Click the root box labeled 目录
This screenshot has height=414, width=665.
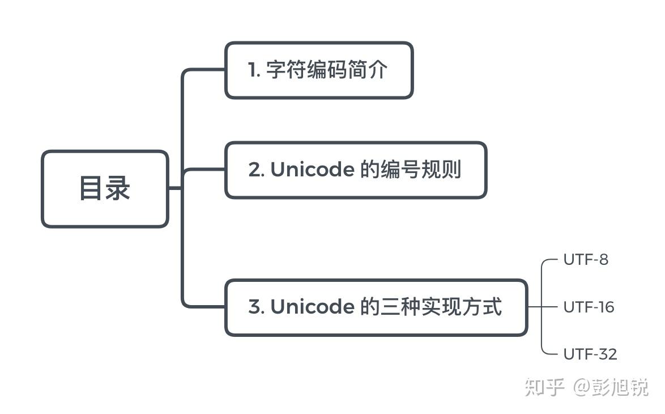[105, 189]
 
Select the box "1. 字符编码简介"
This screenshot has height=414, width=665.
[319, 70]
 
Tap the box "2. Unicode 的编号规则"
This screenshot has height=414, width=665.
[356, 170]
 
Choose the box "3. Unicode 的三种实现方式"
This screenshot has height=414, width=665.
[376, 307]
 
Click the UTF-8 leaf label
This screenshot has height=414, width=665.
[586, 260]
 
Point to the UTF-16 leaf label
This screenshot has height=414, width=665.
[589, 307]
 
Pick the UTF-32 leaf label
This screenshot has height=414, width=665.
[590, 354]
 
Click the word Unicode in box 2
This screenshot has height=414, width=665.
[312, 170]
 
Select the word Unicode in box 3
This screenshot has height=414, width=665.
[312, 307]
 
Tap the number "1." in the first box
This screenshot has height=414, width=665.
[254, 71]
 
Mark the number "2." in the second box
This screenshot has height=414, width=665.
[256, 170]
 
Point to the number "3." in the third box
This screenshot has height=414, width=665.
[256, 307]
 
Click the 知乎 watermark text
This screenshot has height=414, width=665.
[544, 387]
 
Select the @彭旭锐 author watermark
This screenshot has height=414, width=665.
[611, 387]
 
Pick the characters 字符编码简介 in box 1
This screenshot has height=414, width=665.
[327, 70]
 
